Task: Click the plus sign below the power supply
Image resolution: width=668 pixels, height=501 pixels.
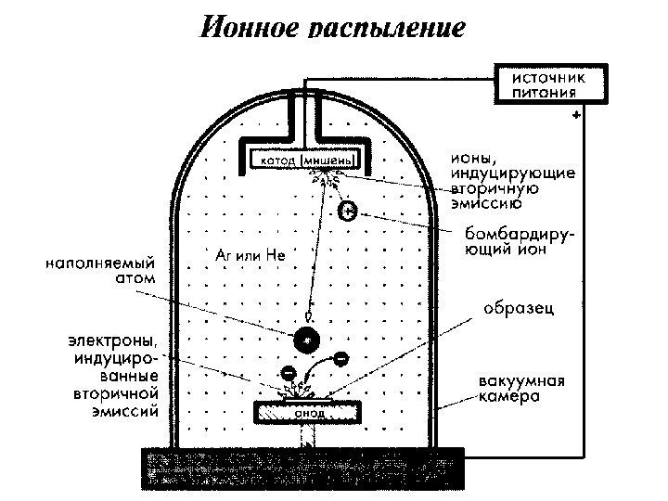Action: pos(577,116)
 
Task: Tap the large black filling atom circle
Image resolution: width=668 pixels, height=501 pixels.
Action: pos(305,340)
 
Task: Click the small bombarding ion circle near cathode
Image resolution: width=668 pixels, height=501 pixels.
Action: pos(346,211)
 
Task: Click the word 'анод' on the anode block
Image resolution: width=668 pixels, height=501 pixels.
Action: pos(308,413)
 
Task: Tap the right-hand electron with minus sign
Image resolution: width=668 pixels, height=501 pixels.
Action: pos(340,357)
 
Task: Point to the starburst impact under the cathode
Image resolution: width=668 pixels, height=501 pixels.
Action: pos(324,176)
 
